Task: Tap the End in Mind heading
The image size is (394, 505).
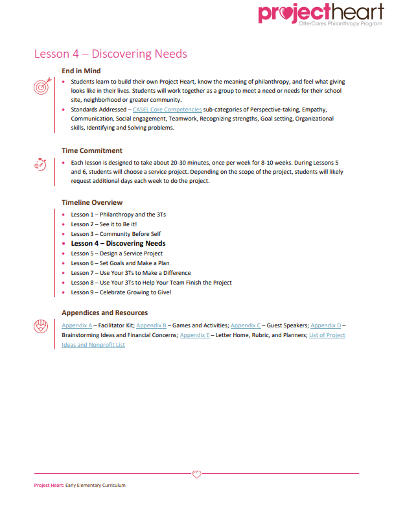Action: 81,71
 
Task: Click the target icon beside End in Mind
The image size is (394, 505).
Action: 40,87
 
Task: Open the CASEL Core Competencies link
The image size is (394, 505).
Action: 167,110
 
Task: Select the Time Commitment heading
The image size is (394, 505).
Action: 92,150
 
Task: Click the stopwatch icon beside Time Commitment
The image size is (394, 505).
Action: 40,165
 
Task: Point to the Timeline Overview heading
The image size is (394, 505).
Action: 92,202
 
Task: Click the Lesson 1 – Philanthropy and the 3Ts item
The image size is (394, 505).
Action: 114,215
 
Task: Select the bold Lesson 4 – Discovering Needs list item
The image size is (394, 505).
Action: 118,244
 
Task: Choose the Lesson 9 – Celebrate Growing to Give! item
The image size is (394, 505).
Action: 121,292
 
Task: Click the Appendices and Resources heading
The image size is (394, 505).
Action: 104,312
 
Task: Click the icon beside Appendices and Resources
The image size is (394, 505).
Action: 40,326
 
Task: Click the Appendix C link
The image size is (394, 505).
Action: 246,325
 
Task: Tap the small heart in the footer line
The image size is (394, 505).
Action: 198,473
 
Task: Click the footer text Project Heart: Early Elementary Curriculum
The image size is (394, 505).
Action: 80,485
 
